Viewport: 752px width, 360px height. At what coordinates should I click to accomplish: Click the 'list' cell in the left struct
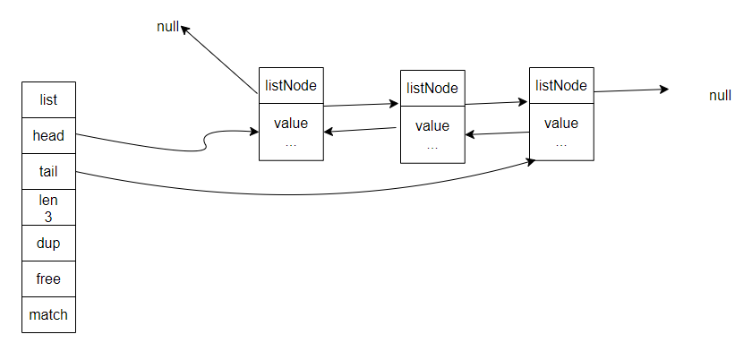[48, 99]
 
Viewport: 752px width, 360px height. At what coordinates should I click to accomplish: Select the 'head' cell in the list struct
[48, 135]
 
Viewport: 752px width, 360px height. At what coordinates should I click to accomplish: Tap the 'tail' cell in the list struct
[48, 171]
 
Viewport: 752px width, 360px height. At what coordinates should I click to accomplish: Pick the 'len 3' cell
[48, 208]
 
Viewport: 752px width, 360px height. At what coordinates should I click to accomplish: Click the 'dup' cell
[48, 244]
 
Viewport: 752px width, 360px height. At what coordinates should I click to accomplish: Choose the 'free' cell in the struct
[48, 279]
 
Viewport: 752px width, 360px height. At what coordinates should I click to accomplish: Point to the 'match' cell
[48, 315]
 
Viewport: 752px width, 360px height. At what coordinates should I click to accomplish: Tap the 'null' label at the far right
[720, 95]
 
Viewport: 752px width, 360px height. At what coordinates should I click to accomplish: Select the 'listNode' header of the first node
[291, 85]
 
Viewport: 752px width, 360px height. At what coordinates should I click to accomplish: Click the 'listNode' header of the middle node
[432, 88]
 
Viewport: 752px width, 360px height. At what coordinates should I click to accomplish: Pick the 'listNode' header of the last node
[561, 85]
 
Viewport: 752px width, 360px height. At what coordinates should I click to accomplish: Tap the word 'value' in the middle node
[432, 126]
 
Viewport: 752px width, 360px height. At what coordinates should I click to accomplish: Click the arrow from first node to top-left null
[219, 59]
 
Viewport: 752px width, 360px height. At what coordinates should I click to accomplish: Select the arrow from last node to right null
[631, 90]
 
